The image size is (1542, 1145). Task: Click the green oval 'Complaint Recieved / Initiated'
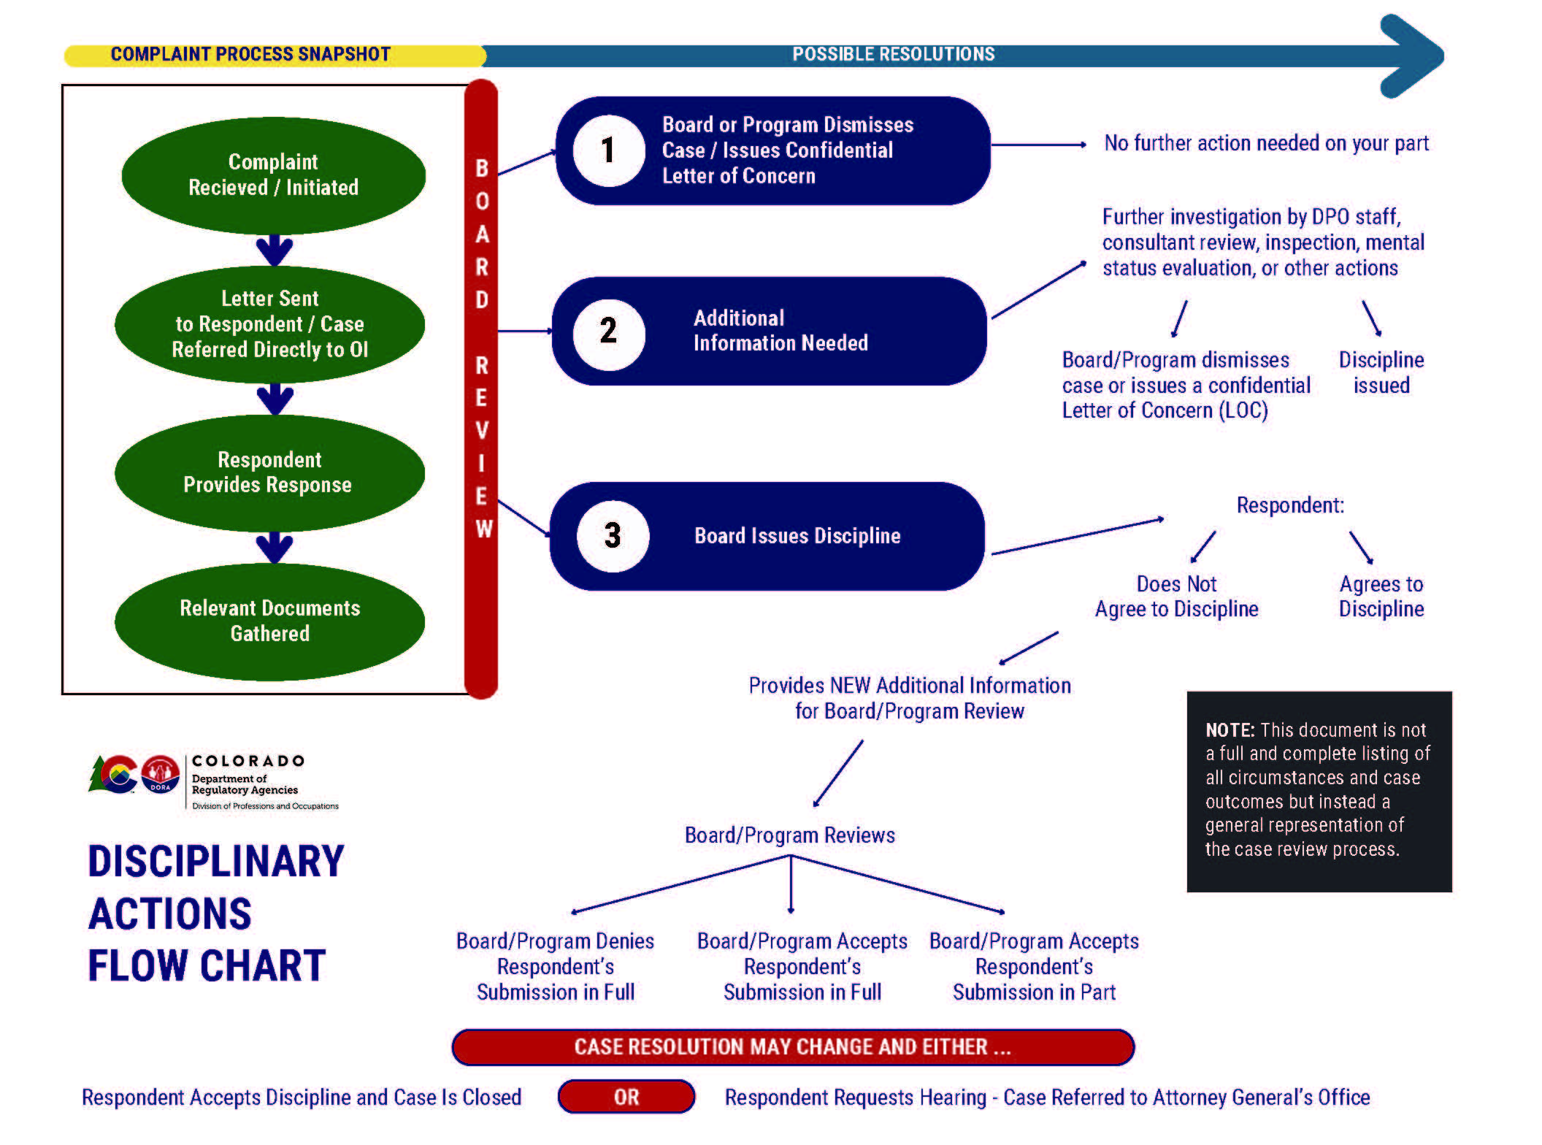pos(273,175)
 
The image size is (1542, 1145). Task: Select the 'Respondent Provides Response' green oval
pos(269,472)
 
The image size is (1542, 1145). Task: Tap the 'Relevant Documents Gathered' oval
pos(269,621)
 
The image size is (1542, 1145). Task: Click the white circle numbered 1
pos(608,150)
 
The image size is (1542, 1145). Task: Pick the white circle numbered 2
pos(608,332)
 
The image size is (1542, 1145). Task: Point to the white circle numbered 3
pos(613,535)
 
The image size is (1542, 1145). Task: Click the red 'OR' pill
pos(626,1097)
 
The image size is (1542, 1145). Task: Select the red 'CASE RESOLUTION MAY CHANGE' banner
pos(792,1047)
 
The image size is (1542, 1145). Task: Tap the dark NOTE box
pos(1319,791)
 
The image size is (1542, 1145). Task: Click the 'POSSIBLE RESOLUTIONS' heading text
pos(893,55)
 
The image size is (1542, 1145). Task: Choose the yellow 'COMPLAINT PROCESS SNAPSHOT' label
pos(250,55)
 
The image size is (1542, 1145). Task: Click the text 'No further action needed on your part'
pos(1266,143)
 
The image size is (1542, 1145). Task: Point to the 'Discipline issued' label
pos(1381,372)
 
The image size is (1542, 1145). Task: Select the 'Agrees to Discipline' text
pos(1381,597)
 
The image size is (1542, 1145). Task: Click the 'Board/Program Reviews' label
pos(789,835)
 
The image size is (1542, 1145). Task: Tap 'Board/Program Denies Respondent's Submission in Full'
pos(555,966)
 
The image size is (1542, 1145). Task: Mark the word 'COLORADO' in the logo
pos(248,761)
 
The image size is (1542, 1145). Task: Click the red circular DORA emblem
pos(161,774)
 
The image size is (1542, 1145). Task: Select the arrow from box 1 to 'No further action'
pos(1037,145)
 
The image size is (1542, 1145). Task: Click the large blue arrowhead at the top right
pos(1413,55)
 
